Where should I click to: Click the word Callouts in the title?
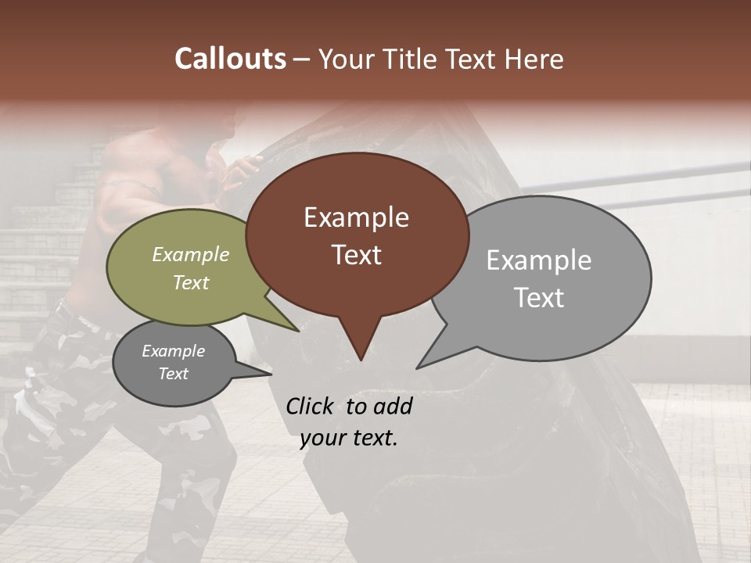[x=231, y=59]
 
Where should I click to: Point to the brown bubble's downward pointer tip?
[x=361, y=360]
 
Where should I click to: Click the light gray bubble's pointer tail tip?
[x=417, y=368]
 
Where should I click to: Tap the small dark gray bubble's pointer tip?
[x=271, y=374]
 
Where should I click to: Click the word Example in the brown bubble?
[x=356, y=217]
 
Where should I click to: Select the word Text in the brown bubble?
[x=357, y=255]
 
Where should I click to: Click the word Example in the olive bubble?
[x=191, y=255]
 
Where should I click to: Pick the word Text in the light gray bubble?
[x=539, y=298]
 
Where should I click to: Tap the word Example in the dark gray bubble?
[x=173, y=351]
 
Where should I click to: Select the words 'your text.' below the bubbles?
[x=349, y=439]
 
